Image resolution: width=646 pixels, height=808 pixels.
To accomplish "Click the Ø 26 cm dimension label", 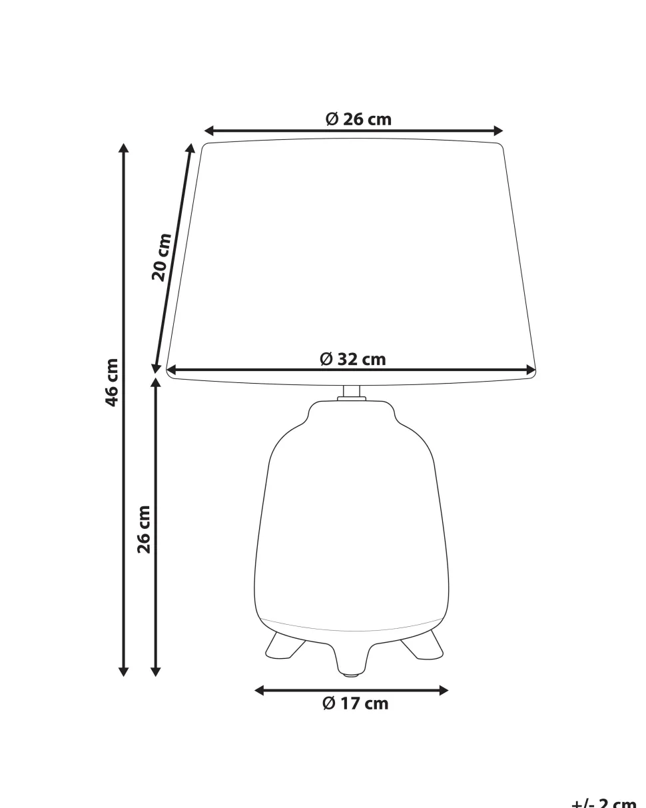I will tap(358, 119).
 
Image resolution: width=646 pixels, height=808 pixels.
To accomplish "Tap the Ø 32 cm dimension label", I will tap(353, 359).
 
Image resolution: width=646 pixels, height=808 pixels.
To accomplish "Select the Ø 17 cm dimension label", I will tap(355, 703).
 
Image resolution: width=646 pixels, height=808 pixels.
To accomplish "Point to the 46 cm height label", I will tap(111, 382).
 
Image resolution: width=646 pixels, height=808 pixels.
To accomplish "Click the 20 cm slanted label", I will tap(161, 256).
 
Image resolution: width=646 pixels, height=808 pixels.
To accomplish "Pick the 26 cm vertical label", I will tap(144, 529).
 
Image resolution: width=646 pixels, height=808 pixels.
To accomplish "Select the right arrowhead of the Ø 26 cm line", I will tap(497, 131).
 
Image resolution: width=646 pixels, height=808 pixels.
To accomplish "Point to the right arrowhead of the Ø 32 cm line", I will tap(531, 370).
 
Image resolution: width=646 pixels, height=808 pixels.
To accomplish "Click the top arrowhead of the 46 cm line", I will tap(123, 149).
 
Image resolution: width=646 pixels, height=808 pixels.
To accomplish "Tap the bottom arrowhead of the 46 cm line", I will tap(123, 671).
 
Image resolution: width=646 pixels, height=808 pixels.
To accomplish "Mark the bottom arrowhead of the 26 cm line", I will tap(156, 671).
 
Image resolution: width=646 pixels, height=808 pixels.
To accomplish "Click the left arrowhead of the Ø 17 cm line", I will tap(260, 691).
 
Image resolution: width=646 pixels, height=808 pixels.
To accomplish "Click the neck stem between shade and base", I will tap(352, 392).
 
